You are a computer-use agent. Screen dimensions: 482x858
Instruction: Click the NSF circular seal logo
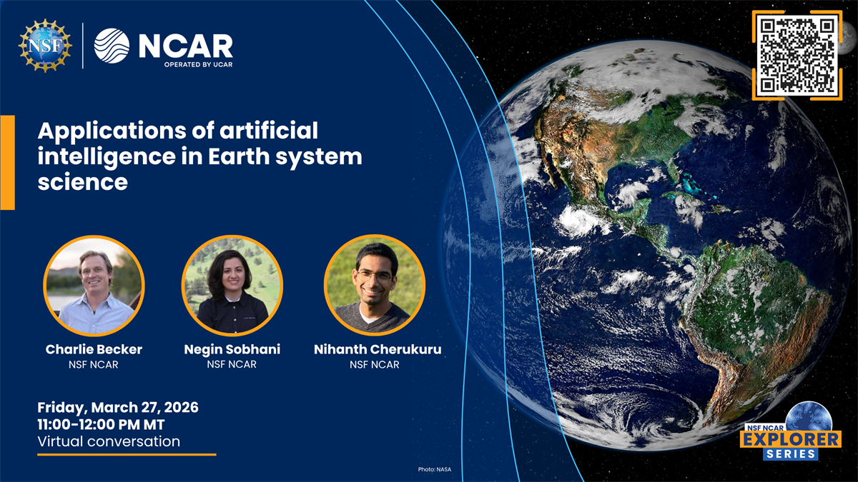45,46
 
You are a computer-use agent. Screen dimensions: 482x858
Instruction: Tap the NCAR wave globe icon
112,46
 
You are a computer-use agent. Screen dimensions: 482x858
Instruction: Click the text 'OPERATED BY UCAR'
197,64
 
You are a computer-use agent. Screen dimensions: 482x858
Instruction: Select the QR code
797,55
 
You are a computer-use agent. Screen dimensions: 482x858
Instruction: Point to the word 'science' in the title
82,182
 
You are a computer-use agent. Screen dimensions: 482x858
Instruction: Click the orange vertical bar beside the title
7,162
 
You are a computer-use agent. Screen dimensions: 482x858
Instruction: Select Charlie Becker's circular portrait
94,286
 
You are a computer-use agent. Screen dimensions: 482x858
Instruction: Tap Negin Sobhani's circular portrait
232,286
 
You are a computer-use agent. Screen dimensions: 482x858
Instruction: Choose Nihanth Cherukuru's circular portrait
374,286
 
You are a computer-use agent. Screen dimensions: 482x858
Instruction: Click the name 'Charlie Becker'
94,349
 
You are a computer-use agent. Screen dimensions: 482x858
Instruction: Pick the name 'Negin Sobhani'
232,349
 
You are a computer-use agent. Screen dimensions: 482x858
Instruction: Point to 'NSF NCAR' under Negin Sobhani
232,365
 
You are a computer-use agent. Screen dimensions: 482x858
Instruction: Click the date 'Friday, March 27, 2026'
118,408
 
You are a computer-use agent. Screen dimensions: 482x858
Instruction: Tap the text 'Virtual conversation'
109,441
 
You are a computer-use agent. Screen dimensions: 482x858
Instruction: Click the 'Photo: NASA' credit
435,469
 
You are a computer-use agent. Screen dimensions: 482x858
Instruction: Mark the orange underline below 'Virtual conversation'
126,454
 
